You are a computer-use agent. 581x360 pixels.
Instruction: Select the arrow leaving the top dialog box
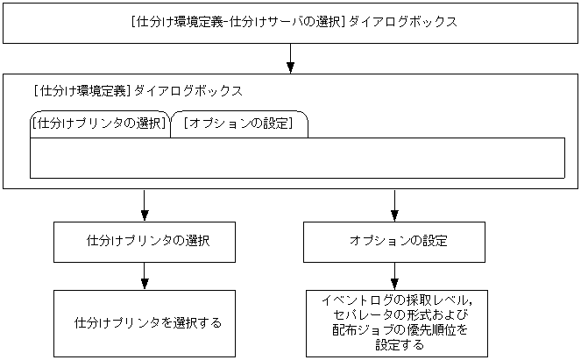coord(290,60)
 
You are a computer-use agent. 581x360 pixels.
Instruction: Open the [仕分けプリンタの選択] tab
coord(98,124)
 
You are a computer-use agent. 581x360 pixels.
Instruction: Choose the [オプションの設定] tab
coord(239,124)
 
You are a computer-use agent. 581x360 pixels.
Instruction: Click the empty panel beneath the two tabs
coord(296,158)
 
